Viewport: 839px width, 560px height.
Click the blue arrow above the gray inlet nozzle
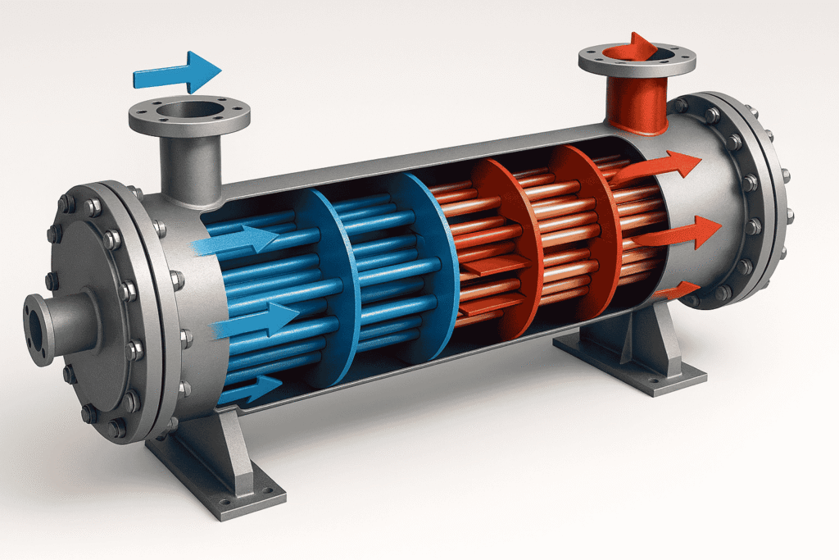pyautogui.click(x=176, y=71)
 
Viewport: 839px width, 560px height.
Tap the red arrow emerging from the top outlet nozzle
pyautogui.click(x=642, y=46)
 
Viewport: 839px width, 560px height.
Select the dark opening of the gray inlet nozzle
pyautogui.click(x=188, y=110)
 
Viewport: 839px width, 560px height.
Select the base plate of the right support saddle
pyautogui.click(x=631, y=368)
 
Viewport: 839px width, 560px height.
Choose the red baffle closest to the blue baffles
pyautogui.click(x=500, y=246)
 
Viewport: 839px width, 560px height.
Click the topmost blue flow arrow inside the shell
pyautogui.click(x=238, y=240)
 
